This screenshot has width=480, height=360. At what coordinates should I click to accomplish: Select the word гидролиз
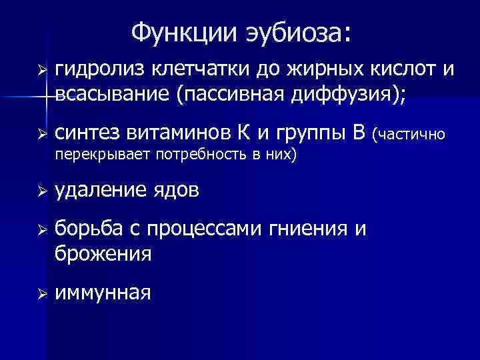100,69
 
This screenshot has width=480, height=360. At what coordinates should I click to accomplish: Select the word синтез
86,134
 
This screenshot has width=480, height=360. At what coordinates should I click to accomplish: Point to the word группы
313,134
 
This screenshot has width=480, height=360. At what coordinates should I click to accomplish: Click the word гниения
307,230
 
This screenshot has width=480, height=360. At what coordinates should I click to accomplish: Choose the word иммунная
103,293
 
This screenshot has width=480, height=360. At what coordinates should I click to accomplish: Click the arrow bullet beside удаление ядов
41,191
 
